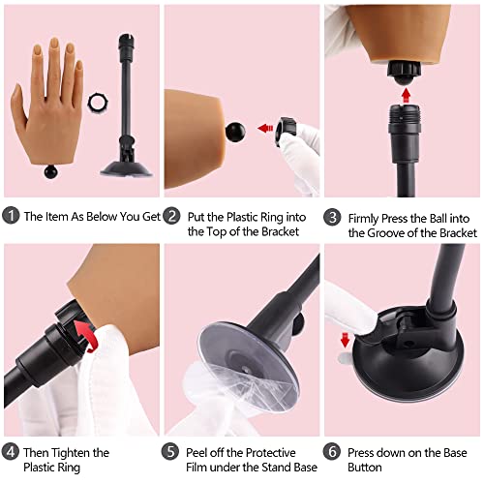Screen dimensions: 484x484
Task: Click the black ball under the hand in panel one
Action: (x=50, y=175)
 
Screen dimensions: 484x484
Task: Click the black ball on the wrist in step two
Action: (x=236, y=129)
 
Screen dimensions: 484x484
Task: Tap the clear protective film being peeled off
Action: (x=218, y=387)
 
